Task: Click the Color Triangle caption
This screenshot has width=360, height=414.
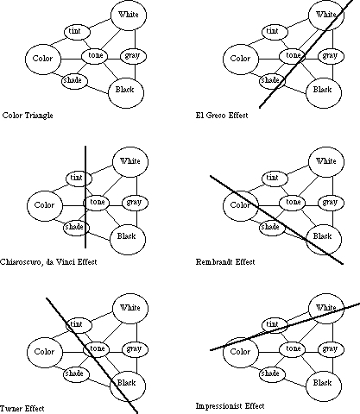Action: pos(28,116)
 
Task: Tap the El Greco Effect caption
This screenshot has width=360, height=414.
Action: pos(222,116)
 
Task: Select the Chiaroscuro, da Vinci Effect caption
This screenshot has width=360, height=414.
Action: pos(48,262)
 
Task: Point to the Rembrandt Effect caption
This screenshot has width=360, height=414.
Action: pos(225,262)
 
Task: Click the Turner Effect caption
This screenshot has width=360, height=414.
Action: pos(22,409)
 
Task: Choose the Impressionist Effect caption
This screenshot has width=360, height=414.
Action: pos(230,406)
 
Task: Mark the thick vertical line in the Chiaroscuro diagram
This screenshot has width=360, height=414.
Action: pos(85,197)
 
